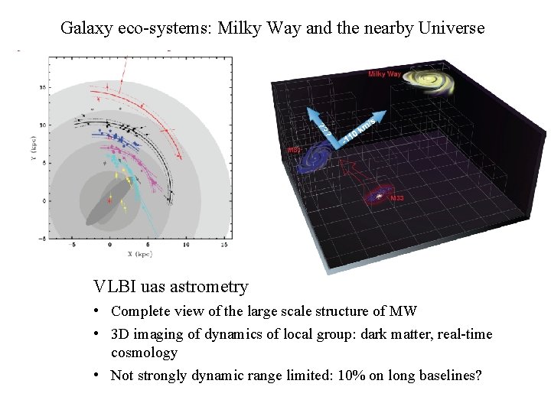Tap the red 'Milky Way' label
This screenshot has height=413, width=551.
tap(384, 74)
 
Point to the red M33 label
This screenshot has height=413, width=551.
tap(397, 199)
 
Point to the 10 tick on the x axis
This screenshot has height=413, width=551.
tap(185, 246)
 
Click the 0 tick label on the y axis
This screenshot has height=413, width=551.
tap(44, 201)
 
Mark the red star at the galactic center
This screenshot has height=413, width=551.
tap(110, 201)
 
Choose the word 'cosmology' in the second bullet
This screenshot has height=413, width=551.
tap(144, 353)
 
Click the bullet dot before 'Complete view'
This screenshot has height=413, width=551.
tap(99, 311)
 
